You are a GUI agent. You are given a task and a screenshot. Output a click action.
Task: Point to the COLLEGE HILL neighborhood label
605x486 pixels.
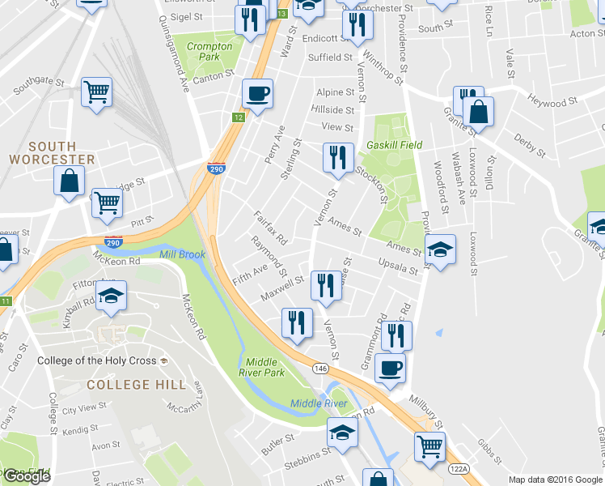[136, 384]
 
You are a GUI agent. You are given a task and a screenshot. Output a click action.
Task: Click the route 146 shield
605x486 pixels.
[321, 368]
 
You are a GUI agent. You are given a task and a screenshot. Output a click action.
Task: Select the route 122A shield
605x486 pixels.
[458, 467]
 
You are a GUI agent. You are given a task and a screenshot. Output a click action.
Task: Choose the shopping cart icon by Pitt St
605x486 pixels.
[106, 202]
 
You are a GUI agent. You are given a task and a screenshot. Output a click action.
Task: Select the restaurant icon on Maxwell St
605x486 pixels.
[325, 285]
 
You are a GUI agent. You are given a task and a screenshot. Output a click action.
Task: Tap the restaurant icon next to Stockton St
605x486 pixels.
[336, 157]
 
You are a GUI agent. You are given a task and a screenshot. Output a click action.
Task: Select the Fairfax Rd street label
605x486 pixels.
[271, 229]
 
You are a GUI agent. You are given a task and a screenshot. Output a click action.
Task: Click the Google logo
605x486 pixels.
[27, 476]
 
